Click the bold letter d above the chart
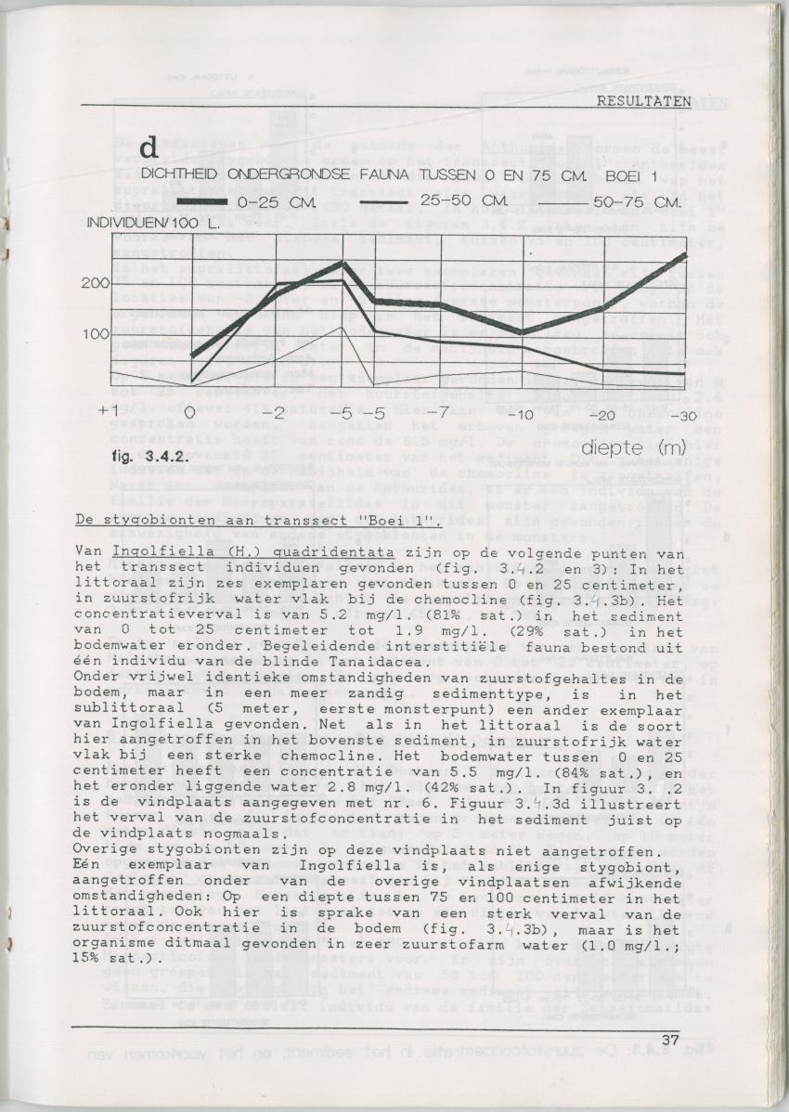click(149, 149)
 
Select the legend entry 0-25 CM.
click(264, 200)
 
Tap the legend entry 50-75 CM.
click(638, 200)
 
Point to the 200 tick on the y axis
click(97, 283)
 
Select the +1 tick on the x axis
click(110, 410)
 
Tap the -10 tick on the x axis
click(524, 414)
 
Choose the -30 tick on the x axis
click(683, 414)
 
